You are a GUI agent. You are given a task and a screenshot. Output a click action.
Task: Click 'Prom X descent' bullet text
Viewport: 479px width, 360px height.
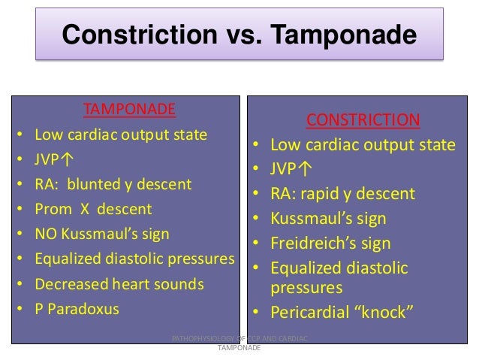tap(93, 209)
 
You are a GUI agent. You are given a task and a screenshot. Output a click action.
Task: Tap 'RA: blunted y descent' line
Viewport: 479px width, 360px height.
tap(113, 184)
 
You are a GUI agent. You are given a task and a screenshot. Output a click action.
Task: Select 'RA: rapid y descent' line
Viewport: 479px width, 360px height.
tap(342, 194)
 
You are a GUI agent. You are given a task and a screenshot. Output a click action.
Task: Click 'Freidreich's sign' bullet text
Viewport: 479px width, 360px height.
tap(330, 244)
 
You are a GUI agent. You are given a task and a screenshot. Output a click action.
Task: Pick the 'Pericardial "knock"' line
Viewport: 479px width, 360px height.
tap(342, 311)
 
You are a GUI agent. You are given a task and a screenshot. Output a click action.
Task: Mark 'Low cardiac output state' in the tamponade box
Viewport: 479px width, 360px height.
tap(121, 135)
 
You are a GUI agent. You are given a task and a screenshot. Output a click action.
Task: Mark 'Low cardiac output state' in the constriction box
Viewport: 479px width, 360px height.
tap(363, 145)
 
